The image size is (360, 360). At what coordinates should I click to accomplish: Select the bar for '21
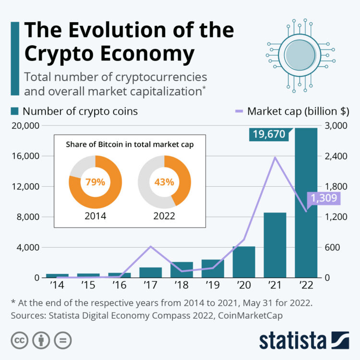pos(275,245)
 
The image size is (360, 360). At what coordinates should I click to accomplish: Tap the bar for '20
pos(244,262)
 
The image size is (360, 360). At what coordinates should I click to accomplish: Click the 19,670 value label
pos(267,134)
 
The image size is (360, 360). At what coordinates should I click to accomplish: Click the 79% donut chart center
pos(95,182)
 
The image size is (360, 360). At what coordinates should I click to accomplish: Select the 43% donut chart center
pos(164,182)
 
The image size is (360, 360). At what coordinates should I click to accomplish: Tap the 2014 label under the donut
pos(95,216)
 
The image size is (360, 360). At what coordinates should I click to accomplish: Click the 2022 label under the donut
pos(164,216)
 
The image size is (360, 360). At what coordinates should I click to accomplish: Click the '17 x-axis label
pos(150,286)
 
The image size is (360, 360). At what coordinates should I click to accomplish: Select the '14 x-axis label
pos(57,286)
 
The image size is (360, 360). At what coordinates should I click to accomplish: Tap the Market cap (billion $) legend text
pos(297,111)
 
